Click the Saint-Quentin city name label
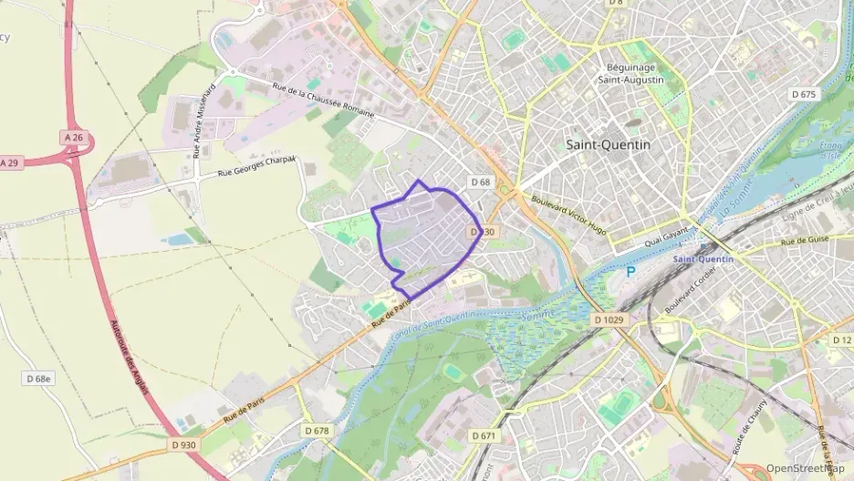[608, 144]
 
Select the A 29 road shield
[9, 162]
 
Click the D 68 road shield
[481, 183]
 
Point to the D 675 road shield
[804, 94]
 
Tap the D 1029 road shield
[609, 319]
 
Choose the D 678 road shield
[316, 430]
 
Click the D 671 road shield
[484, 435]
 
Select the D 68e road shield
[39, 377]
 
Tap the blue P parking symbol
[630, 273]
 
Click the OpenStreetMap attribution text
[805, 468]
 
